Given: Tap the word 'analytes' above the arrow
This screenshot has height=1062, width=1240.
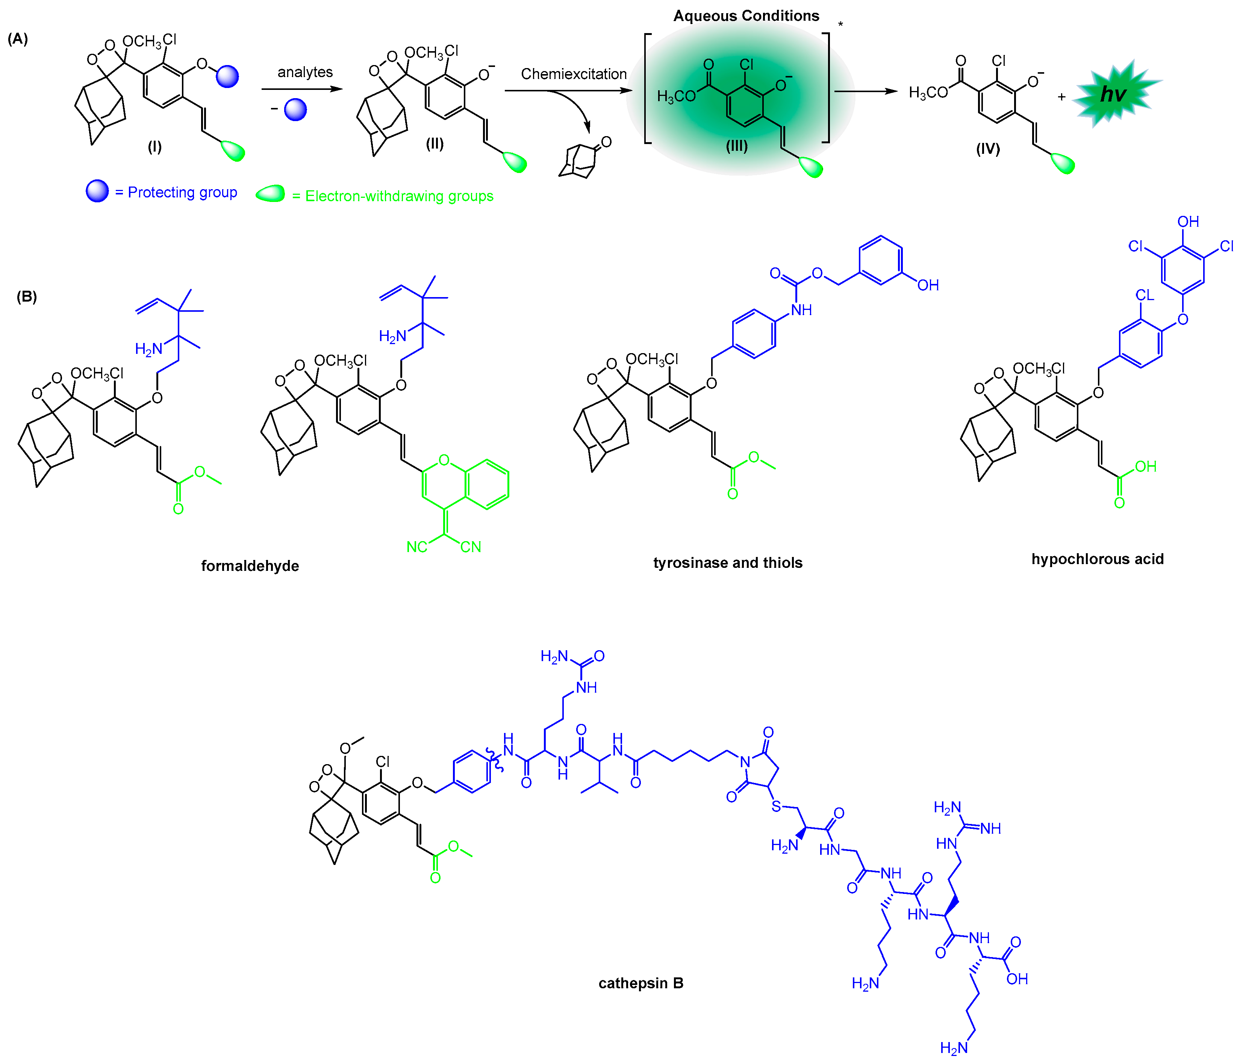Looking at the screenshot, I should pyautogui.click(x=304, y=73).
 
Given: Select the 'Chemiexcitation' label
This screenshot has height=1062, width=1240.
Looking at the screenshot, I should pyautogui.click(x=573, y=74).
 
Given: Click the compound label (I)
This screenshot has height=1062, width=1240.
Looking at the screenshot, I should pyautogui.click(x=155, y=147).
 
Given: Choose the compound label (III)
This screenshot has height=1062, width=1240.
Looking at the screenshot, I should pyautogui.click(x=737, y=146).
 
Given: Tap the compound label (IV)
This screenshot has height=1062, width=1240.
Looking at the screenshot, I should pyautogui.click(x=988, y=149).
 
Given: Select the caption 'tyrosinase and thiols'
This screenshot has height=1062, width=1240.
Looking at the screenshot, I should pyautogui.click(x=728, y=563).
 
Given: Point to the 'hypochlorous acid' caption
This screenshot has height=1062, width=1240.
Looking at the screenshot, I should pyautogui.click(x=1098, y=559).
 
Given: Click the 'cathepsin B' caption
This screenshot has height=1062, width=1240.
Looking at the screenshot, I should pyautogui.click(x=640, y=983).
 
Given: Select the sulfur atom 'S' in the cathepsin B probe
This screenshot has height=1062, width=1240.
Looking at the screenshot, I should pyautogui.click(x=776, y=806).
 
